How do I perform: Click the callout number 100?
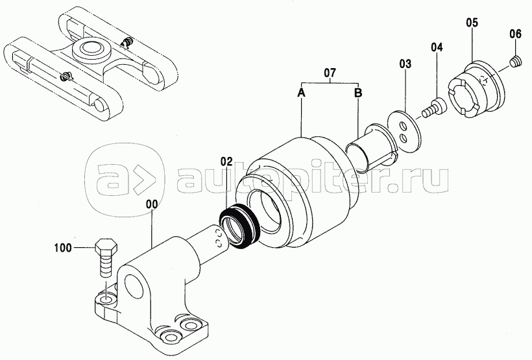(63, 248)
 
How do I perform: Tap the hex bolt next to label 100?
(106, 258)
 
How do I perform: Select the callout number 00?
(152, 204)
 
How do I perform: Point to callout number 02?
(227, 160)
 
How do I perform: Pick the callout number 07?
(330, 72)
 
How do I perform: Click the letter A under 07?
(301, 92)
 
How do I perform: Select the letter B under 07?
(358, 92)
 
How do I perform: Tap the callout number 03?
(405, 64)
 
